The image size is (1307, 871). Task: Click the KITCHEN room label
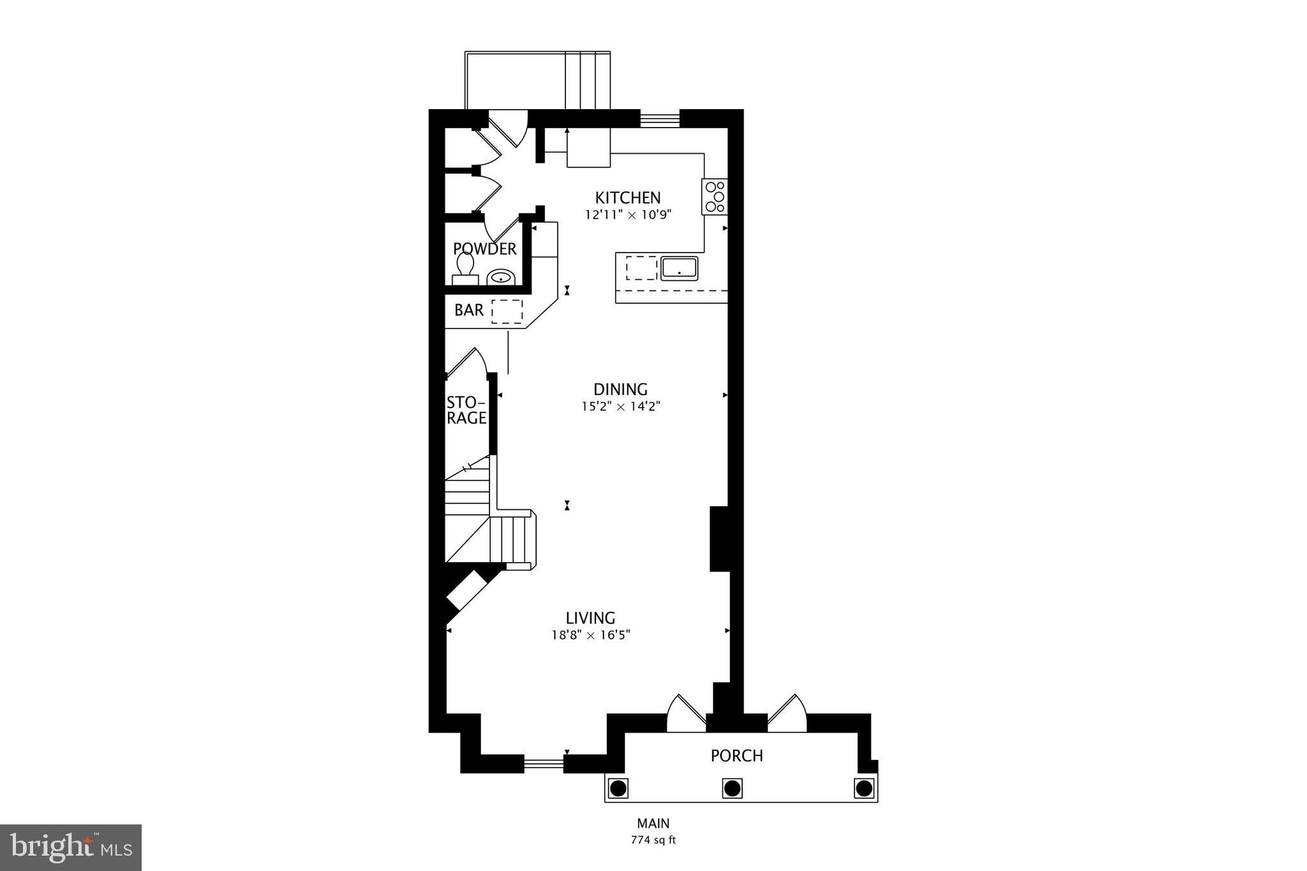[x=627, y=198]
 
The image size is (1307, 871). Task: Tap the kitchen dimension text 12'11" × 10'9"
[x=629, y=215]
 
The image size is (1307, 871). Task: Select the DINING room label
[x=620, y=389]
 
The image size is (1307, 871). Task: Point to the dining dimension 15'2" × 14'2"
[x=620, y=406]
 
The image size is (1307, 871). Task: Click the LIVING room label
[x=590, y=618]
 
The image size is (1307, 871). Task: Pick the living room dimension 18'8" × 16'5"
[x=591, y=635]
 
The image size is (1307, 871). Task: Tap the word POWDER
[x=484, y=249]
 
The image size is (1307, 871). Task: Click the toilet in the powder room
[x=465, y=268]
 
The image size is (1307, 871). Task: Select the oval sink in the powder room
[x=502, y=278]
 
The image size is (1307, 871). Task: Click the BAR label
[x=469, y=310]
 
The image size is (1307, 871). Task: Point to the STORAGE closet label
[x=466, y=410]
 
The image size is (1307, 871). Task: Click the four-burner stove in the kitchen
[x=715, y=197]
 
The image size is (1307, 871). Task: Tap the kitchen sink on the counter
[x=679, y=267]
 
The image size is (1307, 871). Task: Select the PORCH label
[x=736, y=756]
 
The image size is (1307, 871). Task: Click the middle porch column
[x=732, y=788]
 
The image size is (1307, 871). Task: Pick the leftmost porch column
[x=618, y=788]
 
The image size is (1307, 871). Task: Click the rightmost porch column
[x=863, y=788]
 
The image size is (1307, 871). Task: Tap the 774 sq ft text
[x=653, y=840]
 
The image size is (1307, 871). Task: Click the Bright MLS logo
[x=71, y=847]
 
